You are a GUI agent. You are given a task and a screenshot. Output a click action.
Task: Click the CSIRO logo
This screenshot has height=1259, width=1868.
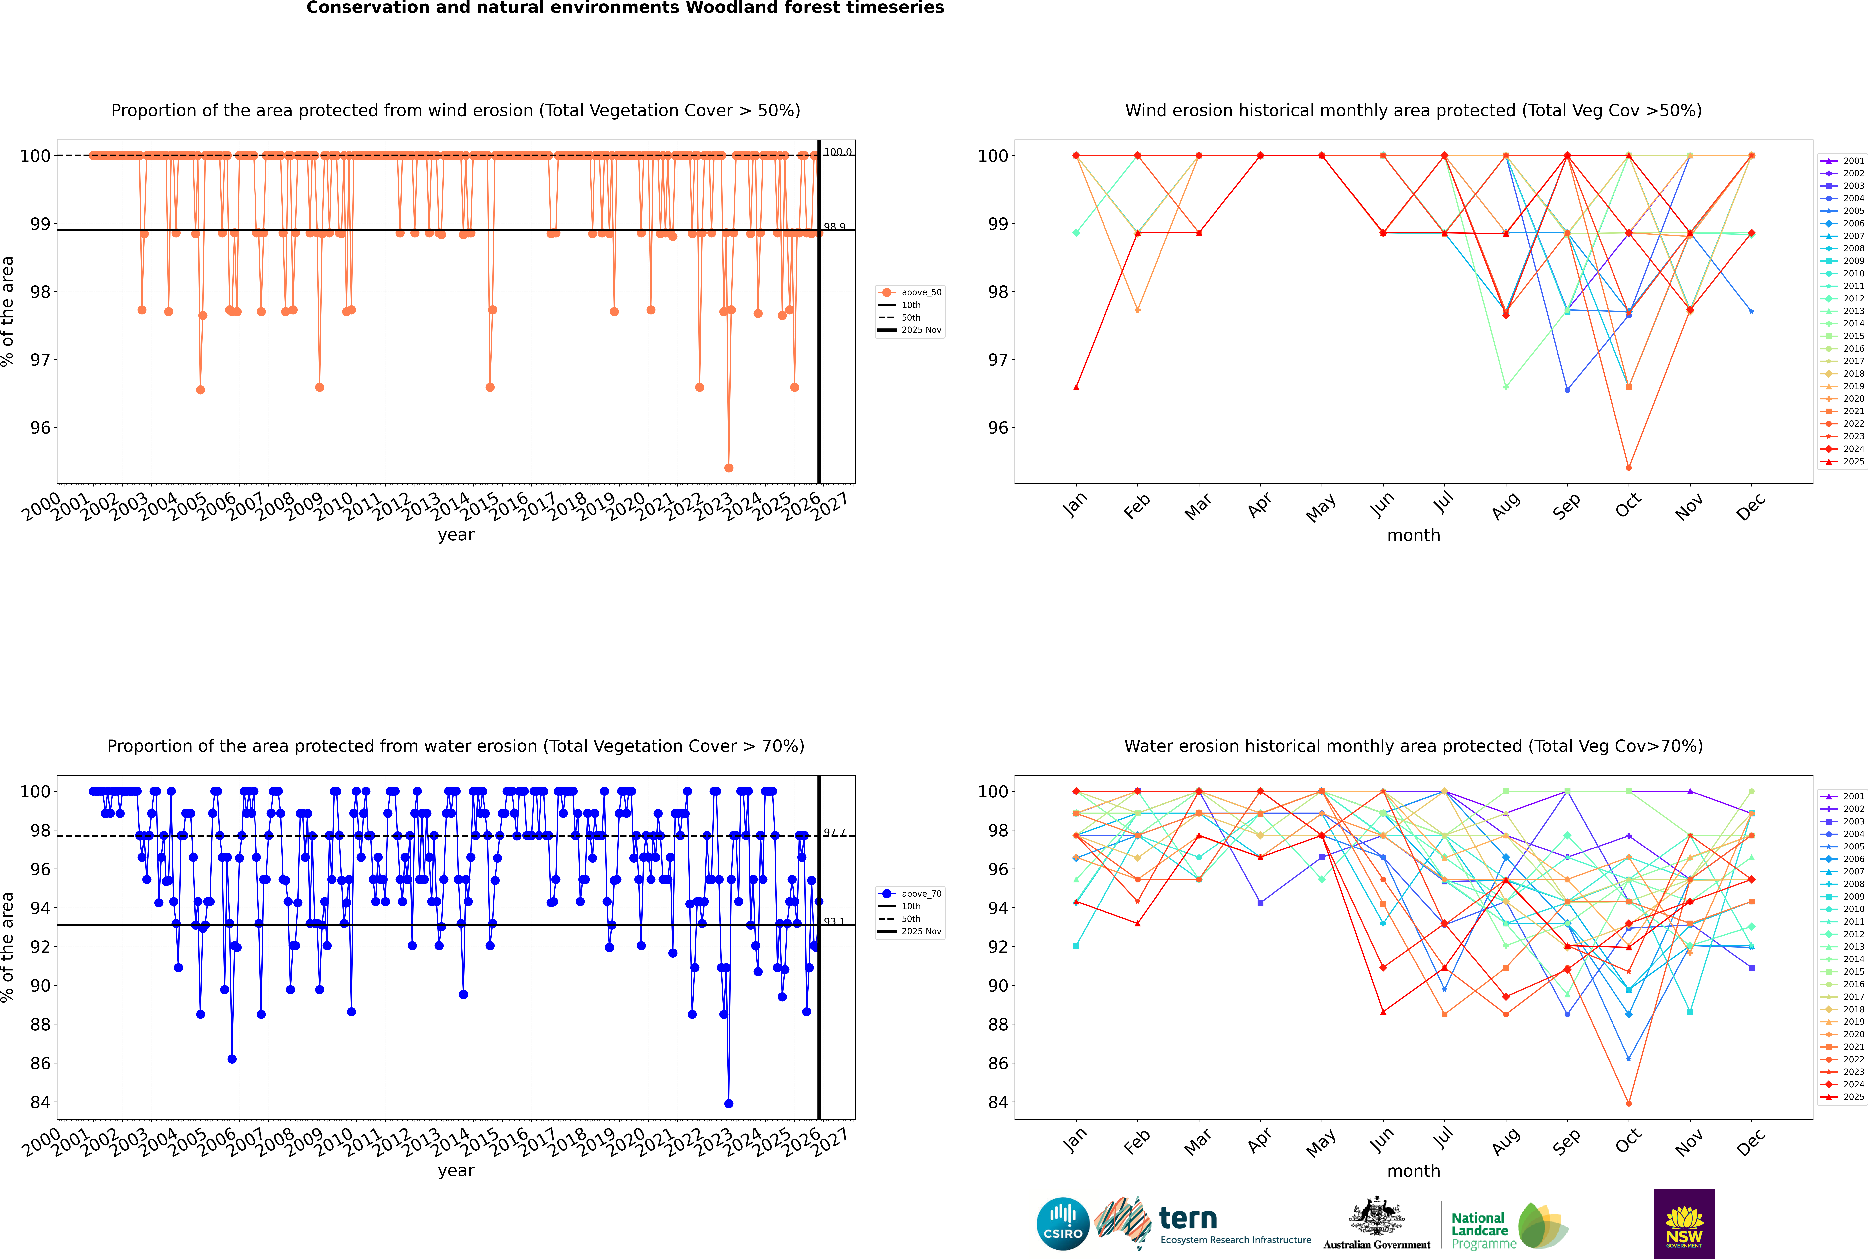pos(1062,1224)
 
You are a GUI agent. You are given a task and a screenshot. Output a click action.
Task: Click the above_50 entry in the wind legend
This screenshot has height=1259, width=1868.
pos(920,292)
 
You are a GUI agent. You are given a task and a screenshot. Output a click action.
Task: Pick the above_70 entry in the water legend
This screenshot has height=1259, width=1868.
pos(920,894)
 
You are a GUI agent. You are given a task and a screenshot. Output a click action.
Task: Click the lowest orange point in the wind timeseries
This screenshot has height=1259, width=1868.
pos(728,468)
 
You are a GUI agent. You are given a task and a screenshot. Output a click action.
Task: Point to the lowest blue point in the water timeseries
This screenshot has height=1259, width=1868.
pos(728,1103)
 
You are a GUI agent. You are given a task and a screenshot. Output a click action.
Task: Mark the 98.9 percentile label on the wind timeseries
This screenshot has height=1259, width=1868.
pos(834,227)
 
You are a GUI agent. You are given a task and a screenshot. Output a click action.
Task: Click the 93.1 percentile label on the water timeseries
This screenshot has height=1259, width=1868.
pos(834,922)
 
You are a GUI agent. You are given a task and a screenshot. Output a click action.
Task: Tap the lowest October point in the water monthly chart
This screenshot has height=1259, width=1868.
pos(1629,1103)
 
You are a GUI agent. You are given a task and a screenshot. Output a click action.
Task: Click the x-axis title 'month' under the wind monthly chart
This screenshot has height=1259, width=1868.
pos(1413,536)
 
